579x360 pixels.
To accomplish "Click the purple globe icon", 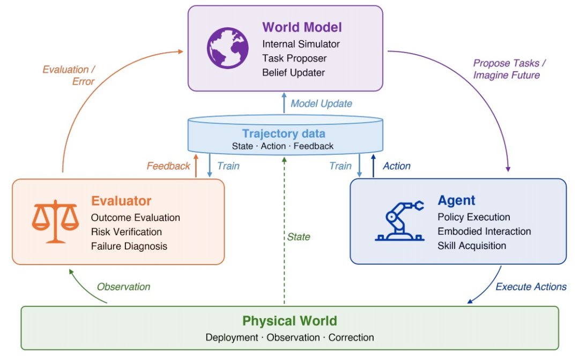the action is (227, 48).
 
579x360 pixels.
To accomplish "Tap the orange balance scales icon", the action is (55, 221).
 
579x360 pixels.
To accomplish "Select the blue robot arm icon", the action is (399, 221).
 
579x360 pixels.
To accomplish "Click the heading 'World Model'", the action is (302, 27).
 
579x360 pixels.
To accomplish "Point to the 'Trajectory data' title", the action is (284, 133).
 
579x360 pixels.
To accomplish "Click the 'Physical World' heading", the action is (289, 321).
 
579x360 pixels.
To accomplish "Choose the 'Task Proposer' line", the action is (294, 58).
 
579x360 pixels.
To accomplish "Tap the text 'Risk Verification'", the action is (127, 231).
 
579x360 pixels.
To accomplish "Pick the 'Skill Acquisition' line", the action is (472, 246).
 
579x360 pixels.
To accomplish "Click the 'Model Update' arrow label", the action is (321, 103).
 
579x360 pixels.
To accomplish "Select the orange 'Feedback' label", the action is (168, 166).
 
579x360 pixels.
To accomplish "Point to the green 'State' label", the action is (299, 237).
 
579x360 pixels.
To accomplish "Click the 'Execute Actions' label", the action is (531, 287).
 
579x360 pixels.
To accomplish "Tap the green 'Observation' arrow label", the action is (123, 287).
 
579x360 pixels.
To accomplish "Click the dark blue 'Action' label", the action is (397, 166).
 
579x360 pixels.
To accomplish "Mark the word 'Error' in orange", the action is (84, 81).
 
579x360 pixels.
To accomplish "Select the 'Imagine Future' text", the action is (506, 75).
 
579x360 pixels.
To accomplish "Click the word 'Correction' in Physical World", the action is (351, 337).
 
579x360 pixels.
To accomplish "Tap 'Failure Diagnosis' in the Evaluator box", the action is (129, 246).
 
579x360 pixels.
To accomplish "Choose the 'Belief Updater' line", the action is (294, 73).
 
